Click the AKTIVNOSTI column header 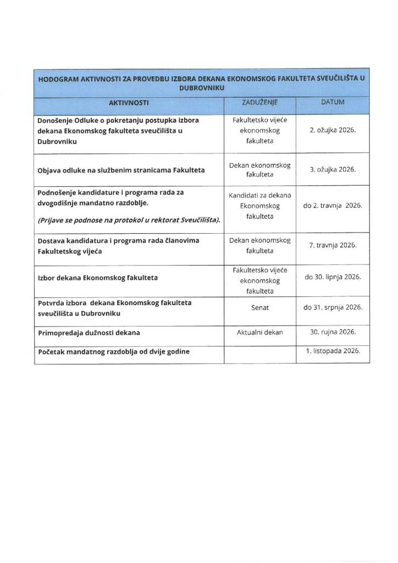tap(129, 103)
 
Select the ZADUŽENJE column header tap(259, 103)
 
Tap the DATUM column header tap(333, 103)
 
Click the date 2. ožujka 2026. tap(333, 131)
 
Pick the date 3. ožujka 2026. tap(333, 169)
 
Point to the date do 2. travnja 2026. tap(333, 206)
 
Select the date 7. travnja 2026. tap(333, 245)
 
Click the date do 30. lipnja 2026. tap(333, 277)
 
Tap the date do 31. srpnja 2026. tap(333, 307)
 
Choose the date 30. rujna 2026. tap(333, 333)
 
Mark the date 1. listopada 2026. tap(333, 351)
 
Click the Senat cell tap(259, 307)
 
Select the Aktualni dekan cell tap(259, 333)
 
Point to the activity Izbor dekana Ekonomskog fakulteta tap(97, 278)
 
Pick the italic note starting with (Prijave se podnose tap(129, 220)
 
